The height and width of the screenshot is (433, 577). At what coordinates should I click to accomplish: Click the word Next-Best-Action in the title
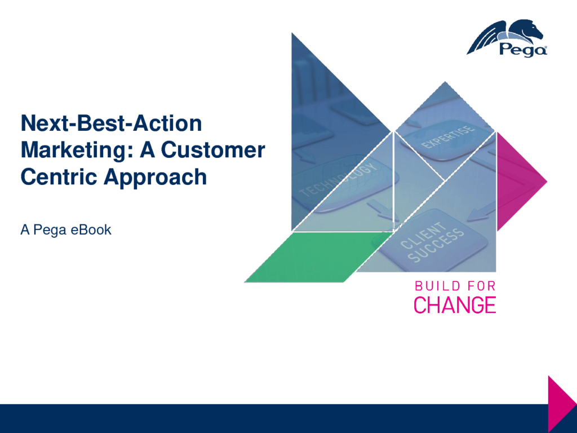[x=112, y=123]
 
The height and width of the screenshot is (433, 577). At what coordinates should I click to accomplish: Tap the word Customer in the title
[x=213, y=150]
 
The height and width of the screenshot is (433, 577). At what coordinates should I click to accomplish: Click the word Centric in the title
[x=59, y=176]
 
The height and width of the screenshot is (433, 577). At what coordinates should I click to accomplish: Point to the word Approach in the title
[x=156, y=178]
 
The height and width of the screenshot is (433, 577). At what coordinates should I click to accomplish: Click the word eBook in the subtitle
[x=91, y=230]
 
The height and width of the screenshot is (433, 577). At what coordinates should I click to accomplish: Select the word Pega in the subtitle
[x=50, y=231]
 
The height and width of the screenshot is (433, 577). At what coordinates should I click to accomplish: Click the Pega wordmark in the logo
[x=523, y=50]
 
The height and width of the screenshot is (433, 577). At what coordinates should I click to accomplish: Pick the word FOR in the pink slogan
[x=482, y=286]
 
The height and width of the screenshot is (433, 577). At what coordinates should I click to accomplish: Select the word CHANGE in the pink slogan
[x=455, y=305]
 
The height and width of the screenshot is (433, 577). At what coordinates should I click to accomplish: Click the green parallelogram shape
[x=319, y=257]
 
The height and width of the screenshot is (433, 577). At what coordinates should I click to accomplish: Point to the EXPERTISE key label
[x=447, y=137]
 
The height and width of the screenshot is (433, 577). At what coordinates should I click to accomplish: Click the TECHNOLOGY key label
[x=338, y=180]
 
